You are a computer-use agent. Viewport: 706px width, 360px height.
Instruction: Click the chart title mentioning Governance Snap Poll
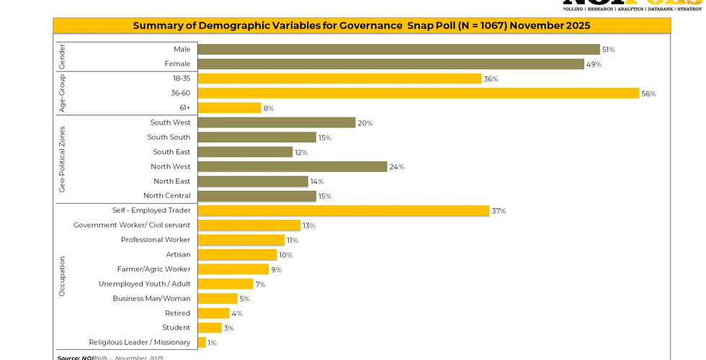[x=361, y=26]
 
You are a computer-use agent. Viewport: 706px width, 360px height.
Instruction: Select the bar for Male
[x=398, y=50]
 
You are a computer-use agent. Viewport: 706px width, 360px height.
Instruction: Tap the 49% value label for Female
[x=594, y=64]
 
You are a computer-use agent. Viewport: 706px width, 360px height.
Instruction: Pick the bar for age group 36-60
[x=418, y=94]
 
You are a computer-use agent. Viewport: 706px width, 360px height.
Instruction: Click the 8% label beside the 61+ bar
[x=268, y=109]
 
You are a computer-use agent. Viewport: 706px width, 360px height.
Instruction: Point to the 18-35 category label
[x=182, y=78]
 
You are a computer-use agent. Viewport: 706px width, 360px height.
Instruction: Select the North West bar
[x=292, y=167]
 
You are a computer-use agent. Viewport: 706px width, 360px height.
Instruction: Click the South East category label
[x=171, y=152]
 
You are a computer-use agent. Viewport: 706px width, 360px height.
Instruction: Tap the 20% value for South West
[x=365, y=123]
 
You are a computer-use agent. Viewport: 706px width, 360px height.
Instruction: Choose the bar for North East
[x=253, y=181]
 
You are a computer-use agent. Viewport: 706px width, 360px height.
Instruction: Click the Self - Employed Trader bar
[x=344, y=211]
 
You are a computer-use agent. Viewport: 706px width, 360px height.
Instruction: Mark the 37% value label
[x=499, y=211]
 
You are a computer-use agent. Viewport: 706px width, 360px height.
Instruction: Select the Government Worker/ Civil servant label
[x=132, y=225]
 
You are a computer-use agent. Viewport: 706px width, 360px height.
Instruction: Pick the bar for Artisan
[x=237, y=255]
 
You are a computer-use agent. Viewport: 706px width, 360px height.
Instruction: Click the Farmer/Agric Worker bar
[x=233, y=269]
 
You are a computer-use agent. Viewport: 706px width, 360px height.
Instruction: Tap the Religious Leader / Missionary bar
[x=202, y=343]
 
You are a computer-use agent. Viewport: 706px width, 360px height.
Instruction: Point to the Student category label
[x=176, y=328]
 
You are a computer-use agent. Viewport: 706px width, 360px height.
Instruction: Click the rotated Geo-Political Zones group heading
[x=62, y=159]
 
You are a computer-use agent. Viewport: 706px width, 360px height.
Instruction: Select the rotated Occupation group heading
[x=62, y=276]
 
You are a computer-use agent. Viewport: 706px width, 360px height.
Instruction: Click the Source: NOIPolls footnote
[x=110, y=357]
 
